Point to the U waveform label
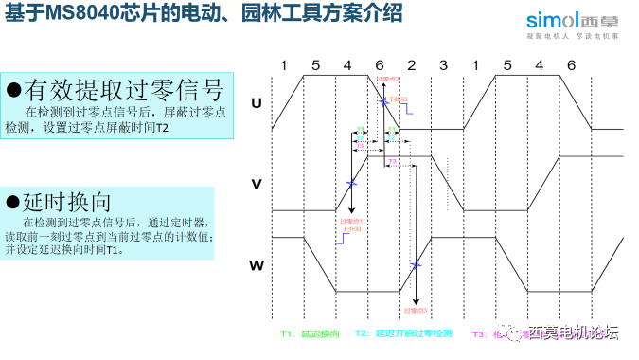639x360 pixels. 256,103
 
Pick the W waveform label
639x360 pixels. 256,265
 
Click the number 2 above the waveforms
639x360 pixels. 412,64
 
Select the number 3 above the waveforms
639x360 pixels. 443,64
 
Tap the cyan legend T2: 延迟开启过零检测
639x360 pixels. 403,334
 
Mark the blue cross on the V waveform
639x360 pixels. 351,183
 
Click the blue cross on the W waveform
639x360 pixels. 416,264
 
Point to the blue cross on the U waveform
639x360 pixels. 382,101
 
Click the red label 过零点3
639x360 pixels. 416,310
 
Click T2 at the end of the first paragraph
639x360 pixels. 161,128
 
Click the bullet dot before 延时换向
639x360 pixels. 13,202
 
